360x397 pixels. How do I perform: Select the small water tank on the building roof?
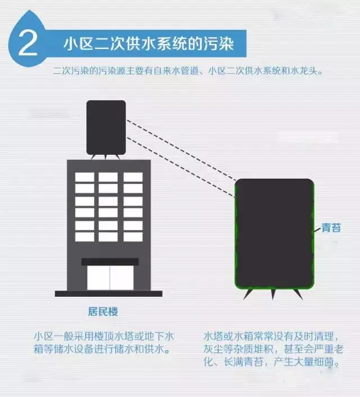[106, 126]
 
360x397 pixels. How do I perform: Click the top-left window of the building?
[84, 177]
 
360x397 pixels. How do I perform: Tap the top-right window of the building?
[133, 177]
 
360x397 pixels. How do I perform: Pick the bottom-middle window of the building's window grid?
[108, 237]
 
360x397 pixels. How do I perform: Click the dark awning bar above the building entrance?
[110, 261]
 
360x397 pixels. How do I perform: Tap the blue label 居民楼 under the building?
[102, 311]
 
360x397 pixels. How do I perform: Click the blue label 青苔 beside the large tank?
[331, 228]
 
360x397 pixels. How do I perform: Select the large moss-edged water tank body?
[273, 234]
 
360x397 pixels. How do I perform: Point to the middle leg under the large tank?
[274, 294]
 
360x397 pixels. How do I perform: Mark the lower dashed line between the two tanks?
[180, 166]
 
